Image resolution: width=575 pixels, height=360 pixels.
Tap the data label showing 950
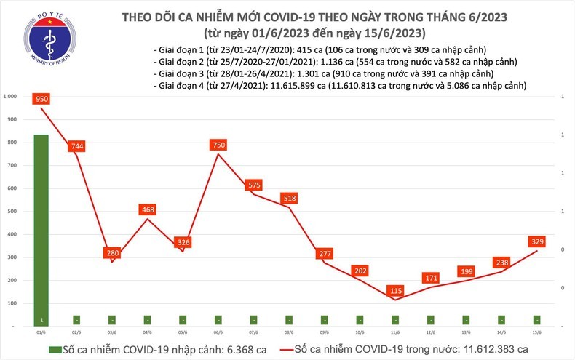(41, 97)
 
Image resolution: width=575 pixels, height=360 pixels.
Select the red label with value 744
(77, 146)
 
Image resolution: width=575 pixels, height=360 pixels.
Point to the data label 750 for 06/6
(218, 145)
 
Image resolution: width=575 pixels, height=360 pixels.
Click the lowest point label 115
(395, 290)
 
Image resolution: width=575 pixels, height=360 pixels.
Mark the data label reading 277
(325, 254)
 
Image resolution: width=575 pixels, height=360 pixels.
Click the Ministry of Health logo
(48, 43)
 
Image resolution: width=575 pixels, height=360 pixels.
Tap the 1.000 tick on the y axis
(10, 97)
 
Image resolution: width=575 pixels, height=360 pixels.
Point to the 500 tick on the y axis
(12, 212)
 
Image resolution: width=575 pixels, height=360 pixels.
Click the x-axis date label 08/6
(289, 331)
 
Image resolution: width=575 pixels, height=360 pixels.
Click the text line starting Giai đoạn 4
(341, 86)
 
